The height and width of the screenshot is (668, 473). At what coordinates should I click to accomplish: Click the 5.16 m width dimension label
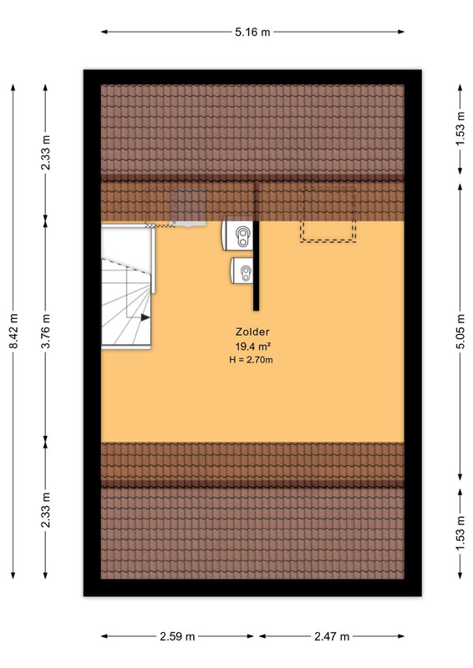click(x=252, y=32)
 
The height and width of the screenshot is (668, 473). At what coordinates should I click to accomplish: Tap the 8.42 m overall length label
click(x=13, y=331)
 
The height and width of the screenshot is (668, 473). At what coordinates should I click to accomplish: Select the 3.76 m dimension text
click(x=46, y=331)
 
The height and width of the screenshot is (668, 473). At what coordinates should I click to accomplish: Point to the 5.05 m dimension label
click(x=460, y=331)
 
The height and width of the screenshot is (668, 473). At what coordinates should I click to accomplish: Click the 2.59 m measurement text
click(x=177, y=636)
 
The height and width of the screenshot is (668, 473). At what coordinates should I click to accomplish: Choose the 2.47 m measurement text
click(x=332, y=636)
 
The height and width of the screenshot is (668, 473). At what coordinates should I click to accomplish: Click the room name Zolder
click(x=252, y=331)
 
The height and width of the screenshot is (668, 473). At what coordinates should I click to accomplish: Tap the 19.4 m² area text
click(x=253, y=346)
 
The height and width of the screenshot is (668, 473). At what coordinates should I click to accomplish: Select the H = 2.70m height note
click(x=252, y=360)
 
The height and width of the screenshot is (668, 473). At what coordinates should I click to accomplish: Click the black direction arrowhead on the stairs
click(x=145, y=317)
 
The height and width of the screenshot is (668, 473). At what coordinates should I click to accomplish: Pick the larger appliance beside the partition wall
click(x=237, y=234)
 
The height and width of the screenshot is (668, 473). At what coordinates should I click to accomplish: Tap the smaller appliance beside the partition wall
click(x=242, y=270)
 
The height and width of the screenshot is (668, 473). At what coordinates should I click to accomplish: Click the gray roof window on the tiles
click(x=188, y=206)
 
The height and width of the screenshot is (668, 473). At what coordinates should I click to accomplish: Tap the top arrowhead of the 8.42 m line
click(x=13, y=88)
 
